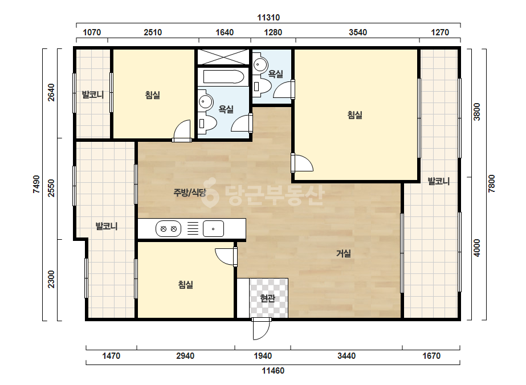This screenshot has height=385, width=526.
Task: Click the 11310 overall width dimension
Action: pos(268,18)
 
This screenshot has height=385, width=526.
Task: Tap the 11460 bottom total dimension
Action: pos(273,371)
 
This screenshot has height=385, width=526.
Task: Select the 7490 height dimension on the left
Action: pos(36,184)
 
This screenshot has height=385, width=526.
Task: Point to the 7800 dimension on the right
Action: pos(491,183)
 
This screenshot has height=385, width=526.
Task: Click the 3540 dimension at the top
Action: pos(358,32)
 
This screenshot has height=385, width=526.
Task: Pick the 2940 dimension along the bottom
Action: pos(185,355)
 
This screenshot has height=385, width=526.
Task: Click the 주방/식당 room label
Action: pos(190,192)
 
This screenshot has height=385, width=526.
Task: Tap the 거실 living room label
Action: pos(344,253)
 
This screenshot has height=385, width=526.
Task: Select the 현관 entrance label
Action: pos(268,298)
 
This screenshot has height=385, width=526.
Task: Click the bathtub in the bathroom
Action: pos(223,76)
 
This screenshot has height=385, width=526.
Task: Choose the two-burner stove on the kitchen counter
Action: pos(169,229)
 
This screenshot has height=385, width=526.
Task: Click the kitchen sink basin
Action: pos(213,229)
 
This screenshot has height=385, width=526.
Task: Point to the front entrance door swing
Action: pos(261,329)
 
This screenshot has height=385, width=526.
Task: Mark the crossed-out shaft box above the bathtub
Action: pos(223,57)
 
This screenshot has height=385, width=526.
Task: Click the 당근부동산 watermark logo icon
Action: pos(210,192)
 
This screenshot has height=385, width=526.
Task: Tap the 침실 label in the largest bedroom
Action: pos(355,115)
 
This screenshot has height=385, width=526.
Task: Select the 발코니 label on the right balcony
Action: pos(438,182)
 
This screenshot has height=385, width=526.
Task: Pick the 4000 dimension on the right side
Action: pos(476,248)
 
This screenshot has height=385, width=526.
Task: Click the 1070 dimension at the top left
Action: pos(92,32)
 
